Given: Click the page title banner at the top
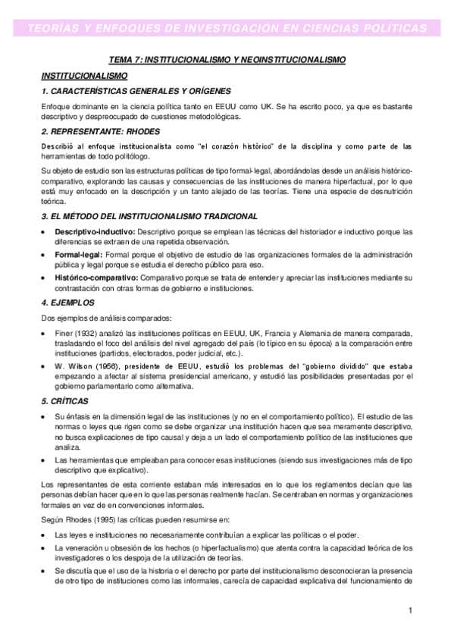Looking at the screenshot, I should coord(227,28).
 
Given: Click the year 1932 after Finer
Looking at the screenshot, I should coord(85,334).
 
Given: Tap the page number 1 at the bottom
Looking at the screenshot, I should coord(409,610).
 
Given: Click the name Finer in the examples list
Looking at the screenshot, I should coord(64,334).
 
